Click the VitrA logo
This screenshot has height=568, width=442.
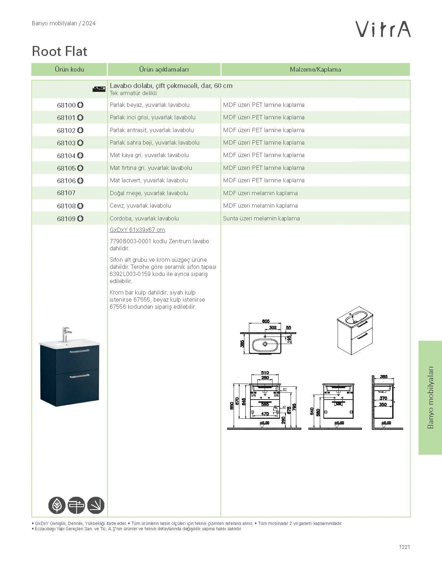(x=383, y=29)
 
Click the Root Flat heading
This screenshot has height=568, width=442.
(x=59, y=51)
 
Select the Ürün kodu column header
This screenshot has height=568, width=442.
(x=69, y=69)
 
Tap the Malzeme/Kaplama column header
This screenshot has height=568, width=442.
(x=315, y=69)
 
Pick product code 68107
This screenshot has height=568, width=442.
(x=66, y=193)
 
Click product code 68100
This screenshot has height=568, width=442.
(x=66, y=105)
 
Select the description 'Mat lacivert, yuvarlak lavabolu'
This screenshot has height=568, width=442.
(x=149, y=180)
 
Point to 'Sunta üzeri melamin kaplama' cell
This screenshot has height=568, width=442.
(x=261, y=218)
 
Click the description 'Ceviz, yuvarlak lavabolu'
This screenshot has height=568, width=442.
(x=140, y=205)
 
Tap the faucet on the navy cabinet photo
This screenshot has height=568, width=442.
(x=66, y=334)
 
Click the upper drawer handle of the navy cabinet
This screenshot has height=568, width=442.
(x=79, y=351)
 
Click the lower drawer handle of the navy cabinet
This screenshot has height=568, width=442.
(x=79, y=376)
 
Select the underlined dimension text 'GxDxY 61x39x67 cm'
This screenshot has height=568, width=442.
(x=137, y=230)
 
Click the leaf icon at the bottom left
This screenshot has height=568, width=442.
(x=57, y=505)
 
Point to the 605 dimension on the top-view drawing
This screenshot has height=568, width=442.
(x=266, y=321)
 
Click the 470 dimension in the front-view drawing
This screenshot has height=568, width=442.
(x=265, y=414)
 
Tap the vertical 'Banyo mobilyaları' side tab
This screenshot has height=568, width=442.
(x=430, y=397)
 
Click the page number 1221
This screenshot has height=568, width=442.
(x=404, y=547)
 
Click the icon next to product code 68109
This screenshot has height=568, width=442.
(x=80, y=218)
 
